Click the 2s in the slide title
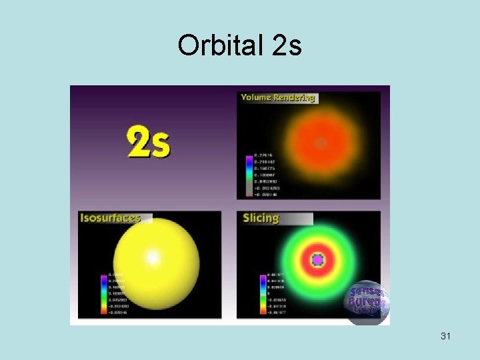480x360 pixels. [x=287, y=46]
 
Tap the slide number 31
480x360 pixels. [x=445, y=337]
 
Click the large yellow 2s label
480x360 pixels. [x=149, y=143]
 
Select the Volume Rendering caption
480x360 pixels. [x=277, y=98]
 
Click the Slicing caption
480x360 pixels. [x=261, y=218]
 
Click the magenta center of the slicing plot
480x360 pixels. [x=317, y=259]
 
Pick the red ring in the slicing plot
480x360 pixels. [x=317, y=273]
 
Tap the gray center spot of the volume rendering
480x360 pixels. [x=321, y=143]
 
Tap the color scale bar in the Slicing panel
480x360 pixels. [x=262, y=293]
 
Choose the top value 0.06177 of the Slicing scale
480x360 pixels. [x=275, y=275]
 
